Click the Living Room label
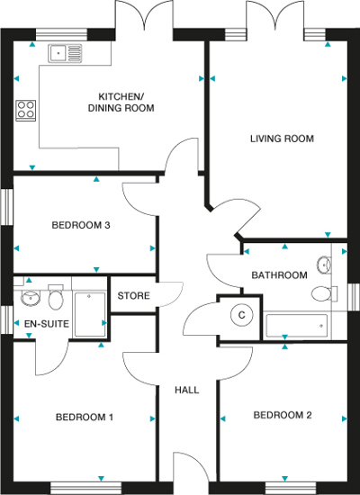[x=282, y=139]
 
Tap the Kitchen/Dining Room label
[x=121, y=103]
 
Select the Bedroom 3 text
[x=81, y=225]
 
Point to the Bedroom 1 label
[x=85, y=417]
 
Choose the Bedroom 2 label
[x=283, y=415]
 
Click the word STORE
[x=133, y=296]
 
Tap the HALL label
[x=187, y=390]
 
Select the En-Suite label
[x=47, y=324]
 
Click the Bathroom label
[x=279, y=275]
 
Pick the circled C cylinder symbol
[x=241, y=315]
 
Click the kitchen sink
[x=65, y=53]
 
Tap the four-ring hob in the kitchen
[x=26, y=111]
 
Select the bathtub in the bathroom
[x=296, y=326]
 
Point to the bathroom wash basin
[x=324, y=265]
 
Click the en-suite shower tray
[x=90, y=315]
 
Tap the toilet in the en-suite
[x=56, y=297]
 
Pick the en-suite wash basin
[x=31, y=297]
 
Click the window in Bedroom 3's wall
[x=6, y=207]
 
